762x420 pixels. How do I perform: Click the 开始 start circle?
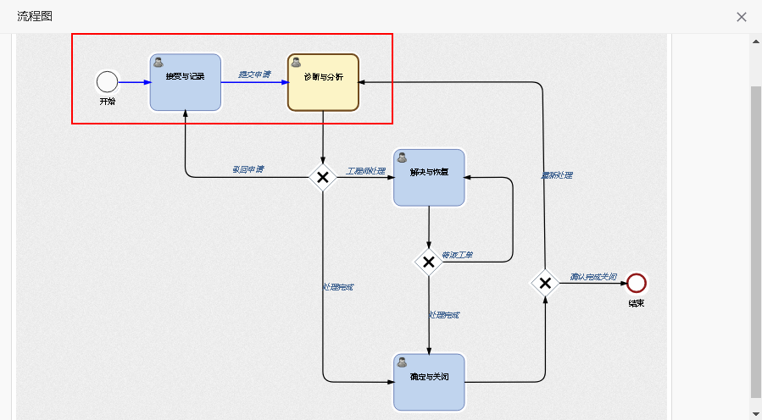107,81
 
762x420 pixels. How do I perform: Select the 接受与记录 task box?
186,82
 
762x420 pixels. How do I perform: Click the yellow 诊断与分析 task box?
323,82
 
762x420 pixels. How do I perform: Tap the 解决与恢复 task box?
429,177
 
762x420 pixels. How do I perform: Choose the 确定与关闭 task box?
429,382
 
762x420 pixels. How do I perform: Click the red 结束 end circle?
637,283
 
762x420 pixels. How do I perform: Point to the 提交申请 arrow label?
254,75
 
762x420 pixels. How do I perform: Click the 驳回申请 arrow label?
248,169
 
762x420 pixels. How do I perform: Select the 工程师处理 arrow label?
365,171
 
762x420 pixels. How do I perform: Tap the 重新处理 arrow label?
557,175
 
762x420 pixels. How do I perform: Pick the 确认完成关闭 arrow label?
593,277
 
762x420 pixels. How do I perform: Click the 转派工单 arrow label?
457,255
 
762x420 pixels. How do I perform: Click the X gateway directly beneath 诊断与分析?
323,177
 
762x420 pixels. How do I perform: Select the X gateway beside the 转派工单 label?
429,262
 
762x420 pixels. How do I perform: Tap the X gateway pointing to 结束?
545,283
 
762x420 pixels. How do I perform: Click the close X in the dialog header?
742,17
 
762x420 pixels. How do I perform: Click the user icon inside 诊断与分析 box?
296,62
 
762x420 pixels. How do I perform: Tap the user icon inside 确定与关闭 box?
402,362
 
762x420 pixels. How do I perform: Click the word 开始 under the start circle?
107,102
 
